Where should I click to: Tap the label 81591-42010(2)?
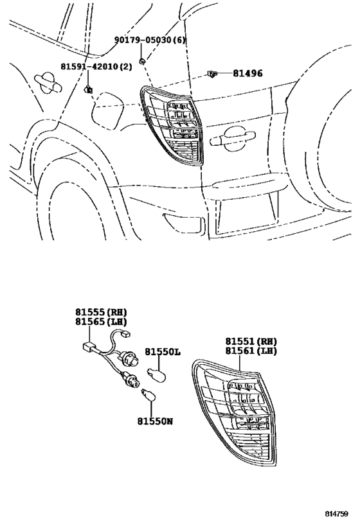(96, 67)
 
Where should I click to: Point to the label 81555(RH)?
(101, 311)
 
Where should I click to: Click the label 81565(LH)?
(101, 322)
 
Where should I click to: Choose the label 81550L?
(162, 353)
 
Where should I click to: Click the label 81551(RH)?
(251, 342)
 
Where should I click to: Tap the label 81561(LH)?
(251, 352)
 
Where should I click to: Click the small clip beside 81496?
(212, 75)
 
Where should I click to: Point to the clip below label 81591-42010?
(89, 88)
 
